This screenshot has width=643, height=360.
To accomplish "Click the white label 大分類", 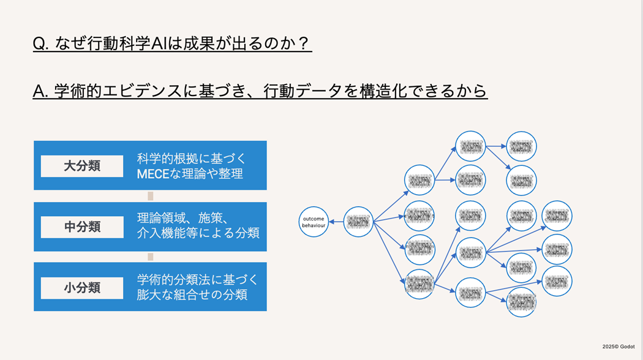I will pyautogui.click(x=82, y=166).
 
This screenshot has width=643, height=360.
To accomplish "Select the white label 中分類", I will pyautogui.click(x=82, y=227).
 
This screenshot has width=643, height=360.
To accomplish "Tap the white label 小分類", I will pyautogui.click(x=82, y=288).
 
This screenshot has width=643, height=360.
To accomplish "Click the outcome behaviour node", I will pyautogui.click(x=314, y=222).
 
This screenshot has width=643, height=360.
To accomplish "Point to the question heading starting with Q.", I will pyautogui.click(x=172, y=44).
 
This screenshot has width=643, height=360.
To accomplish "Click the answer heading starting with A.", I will pyautogui.click(x=260, y=91).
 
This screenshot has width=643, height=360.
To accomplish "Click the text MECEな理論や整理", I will pyautogui.click(x=190, y=174).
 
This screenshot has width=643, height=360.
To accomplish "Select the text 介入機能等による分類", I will pyautogui.click(x=198, y=233).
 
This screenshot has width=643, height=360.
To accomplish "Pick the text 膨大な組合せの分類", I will pyautogui.click(x=192, y=294).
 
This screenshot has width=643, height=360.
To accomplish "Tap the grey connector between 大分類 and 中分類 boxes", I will pyautogui.click(x=150, y=196).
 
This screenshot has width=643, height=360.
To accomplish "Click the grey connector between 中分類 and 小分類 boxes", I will pyautogui.click(x=150, y=257).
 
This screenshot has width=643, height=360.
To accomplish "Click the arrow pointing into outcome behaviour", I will pyautogui.click(x=336, y=222).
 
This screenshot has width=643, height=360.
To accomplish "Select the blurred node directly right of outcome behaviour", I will pyautogui.click(x=358, y=222).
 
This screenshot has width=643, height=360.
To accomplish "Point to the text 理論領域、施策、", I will pyautogui.click(x=183, y=219).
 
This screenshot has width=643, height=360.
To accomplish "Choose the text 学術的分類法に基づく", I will pyautogui.click(x=198, y=280).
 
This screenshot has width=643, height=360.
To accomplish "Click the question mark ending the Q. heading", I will pyautogui.click(x=304, y=44).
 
